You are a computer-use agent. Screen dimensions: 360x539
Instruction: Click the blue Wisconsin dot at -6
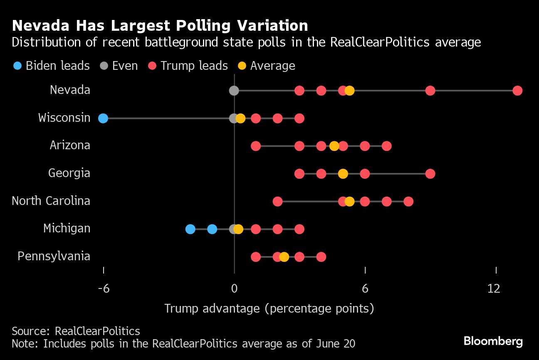coord(103,118)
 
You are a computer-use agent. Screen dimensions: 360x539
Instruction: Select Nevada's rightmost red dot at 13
coord(517,91)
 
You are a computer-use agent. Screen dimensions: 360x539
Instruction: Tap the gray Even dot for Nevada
coord(234,91)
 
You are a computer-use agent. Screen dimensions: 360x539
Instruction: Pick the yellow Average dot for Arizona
coord(334,146)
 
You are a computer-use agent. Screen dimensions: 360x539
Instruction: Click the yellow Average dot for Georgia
coord(343,174)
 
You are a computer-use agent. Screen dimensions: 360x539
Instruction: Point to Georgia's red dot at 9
coord(430,174)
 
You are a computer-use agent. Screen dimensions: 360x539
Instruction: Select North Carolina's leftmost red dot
coord(277,202)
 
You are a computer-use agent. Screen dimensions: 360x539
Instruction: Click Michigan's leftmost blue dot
coord(190,229)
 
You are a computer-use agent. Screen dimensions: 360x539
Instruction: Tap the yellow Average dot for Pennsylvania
coord(284,257)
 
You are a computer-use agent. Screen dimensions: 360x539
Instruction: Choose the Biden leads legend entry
coord(52,66)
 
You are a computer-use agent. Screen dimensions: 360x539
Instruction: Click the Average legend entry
coord(267,66)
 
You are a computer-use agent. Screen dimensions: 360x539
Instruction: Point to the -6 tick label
coord(103,288)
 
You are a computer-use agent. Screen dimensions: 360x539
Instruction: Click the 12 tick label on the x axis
coord(494,288)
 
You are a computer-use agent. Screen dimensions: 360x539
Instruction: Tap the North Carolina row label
coord(51,201)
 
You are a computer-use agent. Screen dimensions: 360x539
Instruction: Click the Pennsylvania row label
coord(54,256)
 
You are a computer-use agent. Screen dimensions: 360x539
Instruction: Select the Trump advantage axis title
coord(269,308)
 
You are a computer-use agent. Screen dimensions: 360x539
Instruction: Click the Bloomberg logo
coord(493,342)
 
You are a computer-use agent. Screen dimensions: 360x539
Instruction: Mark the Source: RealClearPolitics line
coord(76,331)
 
